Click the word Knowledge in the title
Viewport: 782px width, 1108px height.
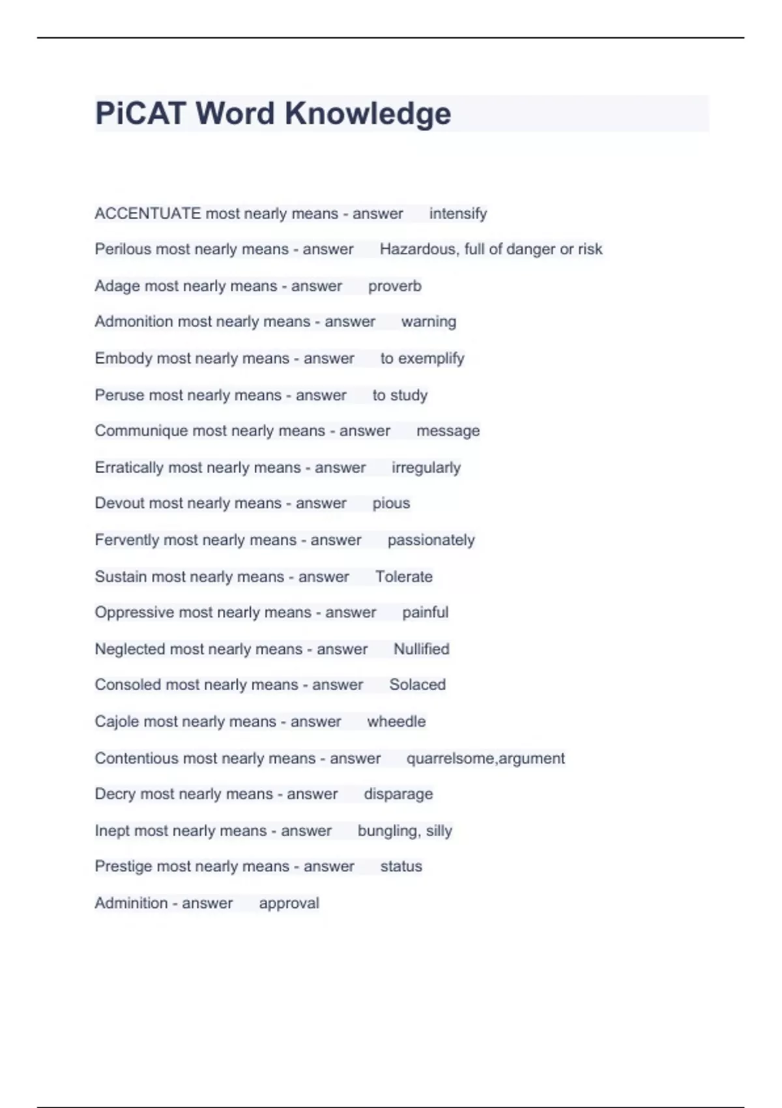[x=368, y=113]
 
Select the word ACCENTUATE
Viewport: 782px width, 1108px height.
[x=147, y=214]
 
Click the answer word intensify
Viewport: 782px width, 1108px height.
[x=457, y=214]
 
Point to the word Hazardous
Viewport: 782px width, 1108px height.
[x=418, y=249]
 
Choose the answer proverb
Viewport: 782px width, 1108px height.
[x=394, y=286]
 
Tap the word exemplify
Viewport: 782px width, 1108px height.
[x=431, y=358]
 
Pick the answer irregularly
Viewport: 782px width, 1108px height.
[x=426, y=467]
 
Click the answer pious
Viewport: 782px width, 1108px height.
[x=391, y=503]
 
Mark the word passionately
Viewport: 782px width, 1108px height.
[x=431, y=540]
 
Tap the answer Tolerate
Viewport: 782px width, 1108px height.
[x=403, y=577]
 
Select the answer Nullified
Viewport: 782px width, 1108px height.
[x=421, y=649]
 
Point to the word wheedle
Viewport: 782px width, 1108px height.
[x=396, y=722]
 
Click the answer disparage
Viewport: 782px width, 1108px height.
[x=398, y=794]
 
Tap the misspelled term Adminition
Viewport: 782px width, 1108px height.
[x=131, y=903]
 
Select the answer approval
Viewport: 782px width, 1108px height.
[x=289, y=903]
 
